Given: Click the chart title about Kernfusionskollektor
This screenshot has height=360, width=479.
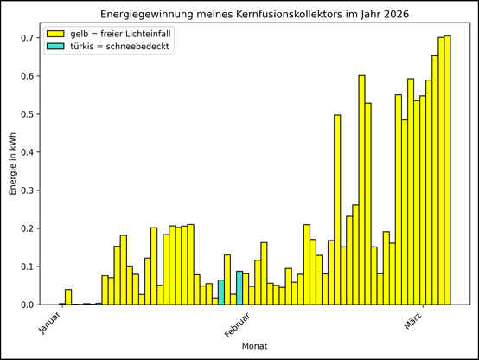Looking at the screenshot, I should (254, 16).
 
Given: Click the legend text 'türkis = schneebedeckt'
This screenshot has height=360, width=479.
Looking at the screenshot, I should (120, 48).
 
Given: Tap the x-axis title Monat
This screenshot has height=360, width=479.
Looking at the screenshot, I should (254, 346).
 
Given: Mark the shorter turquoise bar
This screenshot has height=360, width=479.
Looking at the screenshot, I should (221, 292).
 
